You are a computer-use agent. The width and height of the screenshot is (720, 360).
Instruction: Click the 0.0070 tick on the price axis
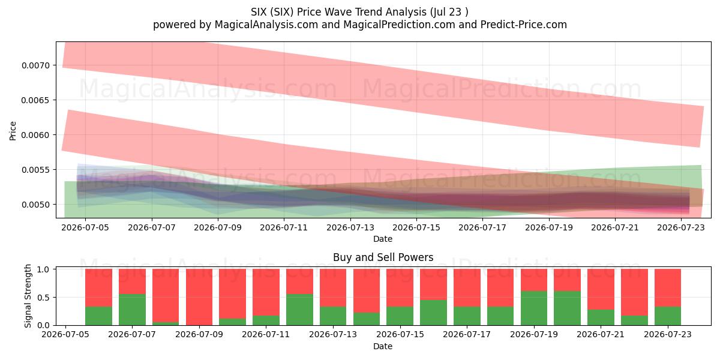[35, 65]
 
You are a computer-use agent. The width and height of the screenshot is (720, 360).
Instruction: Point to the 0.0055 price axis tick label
[35, 170]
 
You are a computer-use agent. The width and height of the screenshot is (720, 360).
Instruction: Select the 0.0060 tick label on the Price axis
[35, 135]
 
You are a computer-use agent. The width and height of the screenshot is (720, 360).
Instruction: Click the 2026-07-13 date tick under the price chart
[350, 227]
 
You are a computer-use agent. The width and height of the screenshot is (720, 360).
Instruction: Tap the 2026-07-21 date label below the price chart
[615, 227]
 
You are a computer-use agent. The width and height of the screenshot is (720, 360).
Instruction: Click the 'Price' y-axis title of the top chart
[13, 131]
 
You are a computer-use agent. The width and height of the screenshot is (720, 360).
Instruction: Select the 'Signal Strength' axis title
[28, 296]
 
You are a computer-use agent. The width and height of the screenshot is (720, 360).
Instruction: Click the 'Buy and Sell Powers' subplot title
[383, 257]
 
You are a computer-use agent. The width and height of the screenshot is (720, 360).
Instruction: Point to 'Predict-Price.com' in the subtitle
[524, 25]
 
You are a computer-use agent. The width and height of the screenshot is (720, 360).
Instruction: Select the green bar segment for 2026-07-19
[534, 308]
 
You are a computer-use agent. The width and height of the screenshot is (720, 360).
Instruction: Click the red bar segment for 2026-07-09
[199, 297]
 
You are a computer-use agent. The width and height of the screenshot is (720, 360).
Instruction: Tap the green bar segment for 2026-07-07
[132, 310]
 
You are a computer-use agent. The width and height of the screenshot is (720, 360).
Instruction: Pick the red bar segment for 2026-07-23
[668, 288]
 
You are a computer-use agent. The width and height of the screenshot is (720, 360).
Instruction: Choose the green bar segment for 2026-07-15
[400, 316]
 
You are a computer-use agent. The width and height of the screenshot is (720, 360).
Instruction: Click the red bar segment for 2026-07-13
[333, 288]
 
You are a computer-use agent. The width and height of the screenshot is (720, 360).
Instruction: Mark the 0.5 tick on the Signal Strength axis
[43, 298]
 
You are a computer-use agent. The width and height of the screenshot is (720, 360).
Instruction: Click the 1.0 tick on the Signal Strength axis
[43, 269]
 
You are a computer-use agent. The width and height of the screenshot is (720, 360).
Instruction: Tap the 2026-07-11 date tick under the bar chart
[266, 335]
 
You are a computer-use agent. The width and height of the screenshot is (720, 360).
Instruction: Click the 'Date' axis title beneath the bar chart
[383, 346]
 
